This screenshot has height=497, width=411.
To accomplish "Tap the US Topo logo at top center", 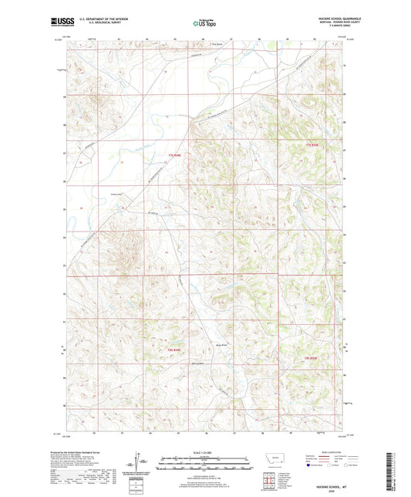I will point(204,23).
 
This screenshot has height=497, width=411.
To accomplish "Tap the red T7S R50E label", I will point(311,145).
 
